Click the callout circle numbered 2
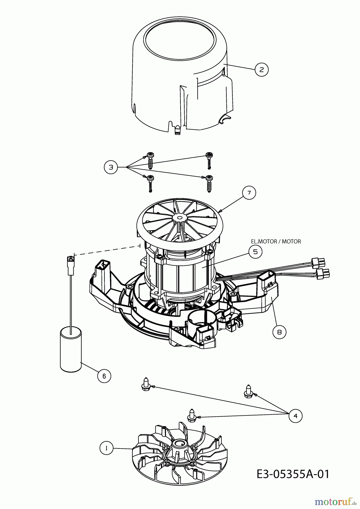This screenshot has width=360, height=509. tap(262, 69)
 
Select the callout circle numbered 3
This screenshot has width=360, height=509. tap(111, 167)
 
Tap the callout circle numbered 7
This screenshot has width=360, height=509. tap(249, 193)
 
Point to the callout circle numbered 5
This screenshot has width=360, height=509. tap(255, 251)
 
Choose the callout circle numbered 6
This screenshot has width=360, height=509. tap(104, 376)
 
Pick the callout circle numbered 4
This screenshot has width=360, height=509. tap(295, 416)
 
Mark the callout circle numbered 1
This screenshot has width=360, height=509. tap(106, 448)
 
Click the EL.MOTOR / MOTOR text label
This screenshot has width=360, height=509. tap(276, 241)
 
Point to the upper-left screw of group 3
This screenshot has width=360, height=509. tap(150, 161)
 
